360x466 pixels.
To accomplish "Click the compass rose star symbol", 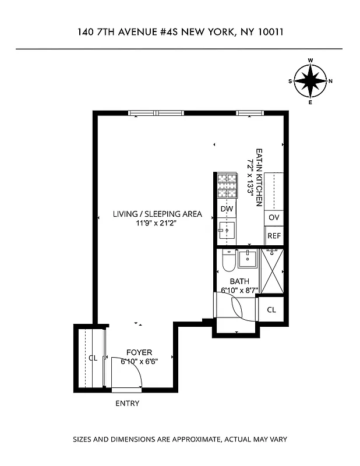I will tap(310, 81).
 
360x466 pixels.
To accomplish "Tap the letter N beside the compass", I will tap(330, 81).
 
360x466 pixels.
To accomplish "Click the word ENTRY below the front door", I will tap(127, 403).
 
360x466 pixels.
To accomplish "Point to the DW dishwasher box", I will tap(227, 209).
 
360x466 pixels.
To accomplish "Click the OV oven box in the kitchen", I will tap(274, 217).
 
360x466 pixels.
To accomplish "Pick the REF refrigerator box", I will tap(274, 236).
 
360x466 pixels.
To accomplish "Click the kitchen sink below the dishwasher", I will tap(226, 229).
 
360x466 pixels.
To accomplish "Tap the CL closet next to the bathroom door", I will tap(271, 310).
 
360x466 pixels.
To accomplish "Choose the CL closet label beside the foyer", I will tap(93, 358).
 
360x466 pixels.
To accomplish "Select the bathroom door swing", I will tap(239, 308).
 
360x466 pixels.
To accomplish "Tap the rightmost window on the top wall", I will tap(246, 113).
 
